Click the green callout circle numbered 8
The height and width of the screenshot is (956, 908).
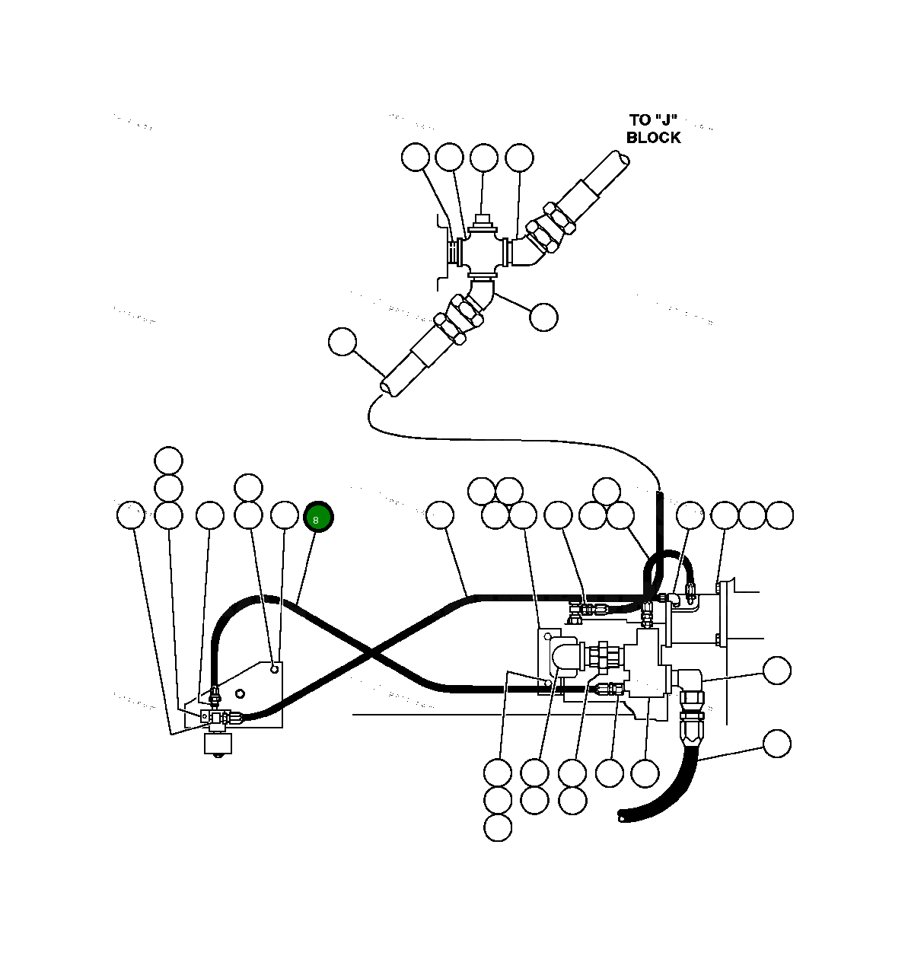click(x=318, y=518)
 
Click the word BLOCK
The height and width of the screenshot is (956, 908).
click(x=653, y=138)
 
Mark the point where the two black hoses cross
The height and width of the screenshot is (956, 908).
click(x=371, y=653)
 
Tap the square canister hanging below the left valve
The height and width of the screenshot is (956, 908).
click(x=218, y=743)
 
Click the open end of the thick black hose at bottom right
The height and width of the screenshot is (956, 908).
click(x=623, y=817)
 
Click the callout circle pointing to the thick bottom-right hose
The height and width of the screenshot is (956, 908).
click(x=776, y=744)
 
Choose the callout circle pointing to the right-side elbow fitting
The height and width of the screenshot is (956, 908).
click(x=776, y=671)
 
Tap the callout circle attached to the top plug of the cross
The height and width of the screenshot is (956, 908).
click(x=483, y=158)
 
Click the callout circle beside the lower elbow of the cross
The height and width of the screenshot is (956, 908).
click(x=543, y=317)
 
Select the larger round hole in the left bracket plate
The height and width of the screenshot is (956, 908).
click(x=240, y=693)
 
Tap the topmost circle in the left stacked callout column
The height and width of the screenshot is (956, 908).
click(x=168, y=460)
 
